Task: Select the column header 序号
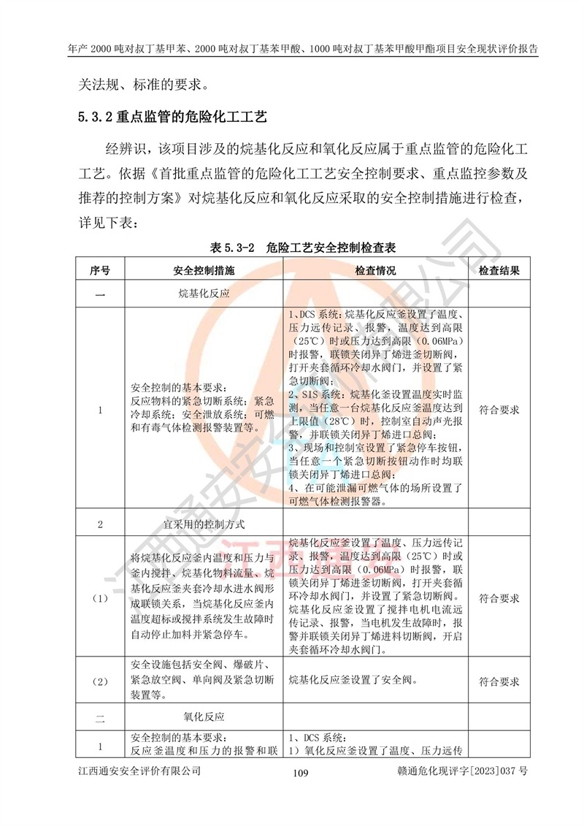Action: click(x=100, y=270)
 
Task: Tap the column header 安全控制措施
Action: click(x=204, y=270)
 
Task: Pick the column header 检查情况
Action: click(x=375, y=270)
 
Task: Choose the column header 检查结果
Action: click(x=499, y=270)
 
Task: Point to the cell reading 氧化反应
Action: click(x=204, y=717)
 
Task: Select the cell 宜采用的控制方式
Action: click(x=204, y=524)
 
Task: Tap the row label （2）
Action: click(x=100, y=681)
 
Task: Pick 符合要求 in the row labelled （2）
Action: click(x=499, y=681)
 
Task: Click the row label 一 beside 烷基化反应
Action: click(x=100, y=294)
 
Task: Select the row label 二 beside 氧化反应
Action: click(x=100, y=718)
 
